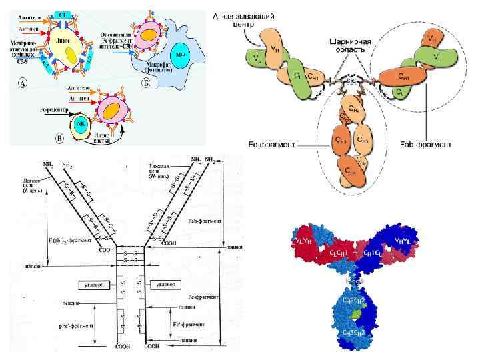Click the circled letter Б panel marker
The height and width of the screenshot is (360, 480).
point(144,83)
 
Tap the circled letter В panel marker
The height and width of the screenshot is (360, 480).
point(59,139)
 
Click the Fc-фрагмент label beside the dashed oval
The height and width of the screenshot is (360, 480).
point(275,142)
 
